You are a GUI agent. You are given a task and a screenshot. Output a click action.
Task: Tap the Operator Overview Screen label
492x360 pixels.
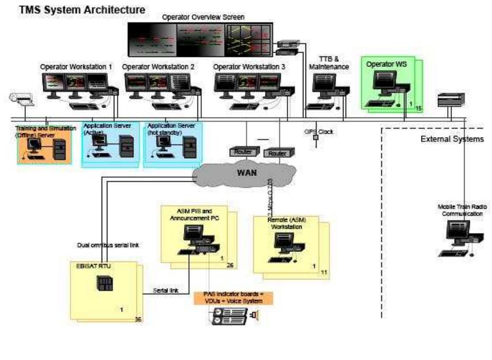pyautogui.click(x=211, y=17)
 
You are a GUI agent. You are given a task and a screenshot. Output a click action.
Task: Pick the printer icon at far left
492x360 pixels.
pyautogui.click(x=21, y=99)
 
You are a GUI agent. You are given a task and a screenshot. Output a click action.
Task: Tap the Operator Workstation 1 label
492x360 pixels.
pyautogui.click(x=76, y=67)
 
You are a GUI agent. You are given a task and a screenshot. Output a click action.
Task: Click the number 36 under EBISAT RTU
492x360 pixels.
pyautogui.click(x=138, y=319)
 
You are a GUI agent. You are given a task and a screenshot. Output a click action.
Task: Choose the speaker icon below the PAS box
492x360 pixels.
pyautogui.click(x=255, y=316)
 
